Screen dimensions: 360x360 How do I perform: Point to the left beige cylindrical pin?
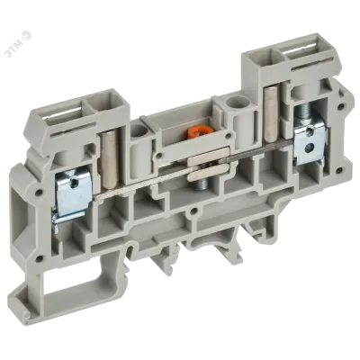(x=110, y=162)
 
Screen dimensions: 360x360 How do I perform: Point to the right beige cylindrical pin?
(x=272, y=121)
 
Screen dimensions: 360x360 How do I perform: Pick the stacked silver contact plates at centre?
(x=208, y=166)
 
